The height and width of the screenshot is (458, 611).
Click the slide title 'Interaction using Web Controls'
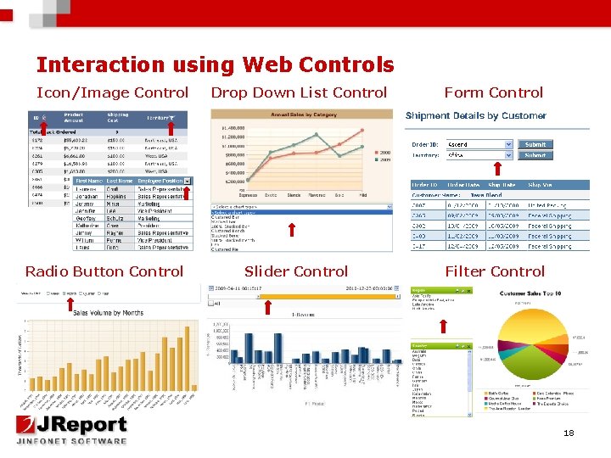[215, 64]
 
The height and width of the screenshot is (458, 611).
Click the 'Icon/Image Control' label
[112, 92]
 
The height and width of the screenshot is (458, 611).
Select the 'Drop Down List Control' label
[299, 92]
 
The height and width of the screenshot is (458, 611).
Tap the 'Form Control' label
[493, 92]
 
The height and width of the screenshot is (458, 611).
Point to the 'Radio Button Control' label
[104, 271]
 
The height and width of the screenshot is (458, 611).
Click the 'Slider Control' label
[295, 271]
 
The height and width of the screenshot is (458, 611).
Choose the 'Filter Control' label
[495, 271]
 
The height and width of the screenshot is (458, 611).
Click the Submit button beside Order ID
[535, 144]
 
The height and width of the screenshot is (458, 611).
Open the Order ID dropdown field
[480, 144]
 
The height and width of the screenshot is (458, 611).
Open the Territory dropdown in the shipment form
[480, 156]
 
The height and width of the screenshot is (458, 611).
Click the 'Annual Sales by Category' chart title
[303, 114]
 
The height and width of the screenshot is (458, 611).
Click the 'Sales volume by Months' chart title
[107, 312]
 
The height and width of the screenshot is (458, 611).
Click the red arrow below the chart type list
[292, 229]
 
